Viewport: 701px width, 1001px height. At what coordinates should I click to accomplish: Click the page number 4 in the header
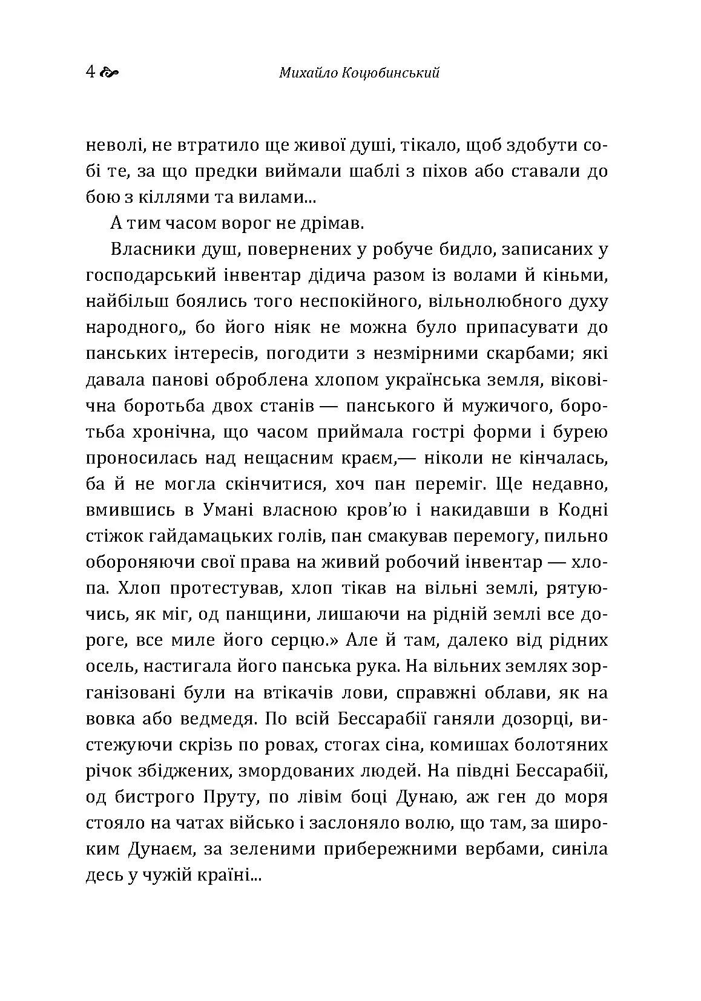91,73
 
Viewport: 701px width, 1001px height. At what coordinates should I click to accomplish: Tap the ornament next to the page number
109,74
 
